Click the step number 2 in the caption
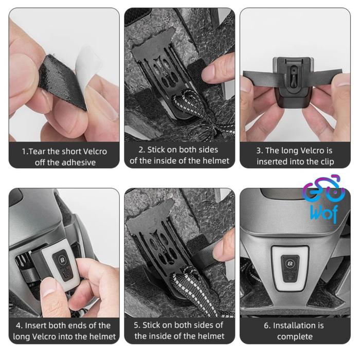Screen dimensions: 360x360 tap(141, 150)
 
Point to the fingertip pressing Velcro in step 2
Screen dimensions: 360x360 tap(214, 71)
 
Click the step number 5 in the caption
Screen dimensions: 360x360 tap(137, 325)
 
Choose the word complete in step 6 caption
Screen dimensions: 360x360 tap(295, 336)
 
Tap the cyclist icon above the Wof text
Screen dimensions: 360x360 tap(323, 189)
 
